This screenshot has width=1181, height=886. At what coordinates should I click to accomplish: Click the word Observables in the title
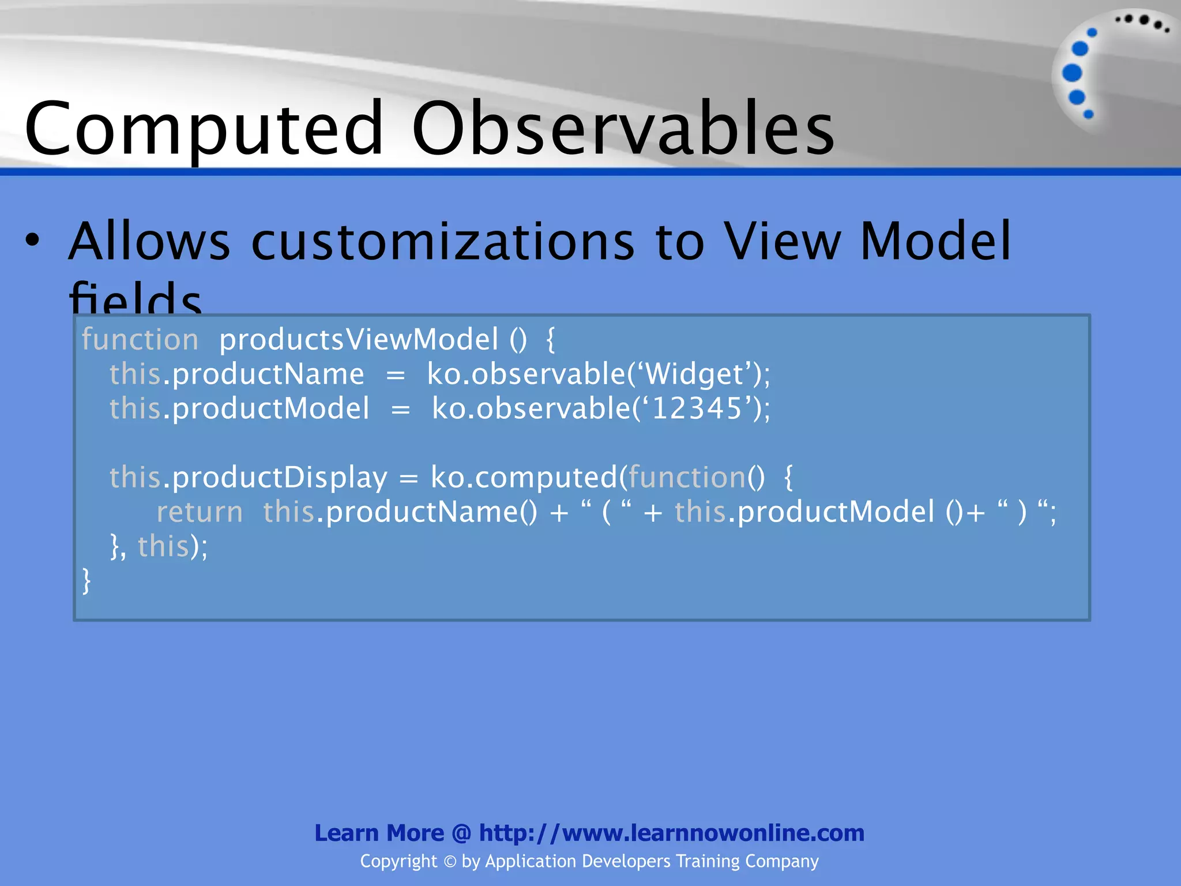click(623, 128)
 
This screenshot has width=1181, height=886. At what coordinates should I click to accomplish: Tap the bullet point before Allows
click(33, 241)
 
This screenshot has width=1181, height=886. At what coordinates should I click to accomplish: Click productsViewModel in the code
click(358, 339)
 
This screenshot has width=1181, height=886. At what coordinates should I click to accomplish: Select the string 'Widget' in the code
click(697, 374)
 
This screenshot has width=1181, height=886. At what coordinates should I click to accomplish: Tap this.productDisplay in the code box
click(248, 478)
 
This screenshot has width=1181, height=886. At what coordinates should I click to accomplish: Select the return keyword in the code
click(200, 512)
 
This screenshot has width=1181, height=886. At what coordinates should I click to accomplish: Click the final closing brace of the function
click(86, 580)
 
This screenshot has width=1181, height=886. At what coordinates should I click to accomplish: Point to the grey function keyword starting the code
click(140, 339)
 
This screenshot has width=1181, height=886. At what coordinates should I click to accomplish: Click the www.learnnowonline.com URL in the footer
click(713, 833)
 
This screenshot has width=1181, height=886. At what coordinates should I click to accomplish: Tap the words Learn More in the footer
click(379, 833)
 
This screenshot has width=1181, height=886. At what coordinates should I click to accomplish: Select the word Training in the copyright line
click(708, 861)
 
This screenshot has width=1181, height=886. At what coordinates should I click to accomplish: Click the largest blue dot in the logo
click(1072, 73)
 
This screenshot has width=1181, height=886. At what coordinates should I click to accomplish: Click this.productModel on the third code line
click(239, 408)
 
